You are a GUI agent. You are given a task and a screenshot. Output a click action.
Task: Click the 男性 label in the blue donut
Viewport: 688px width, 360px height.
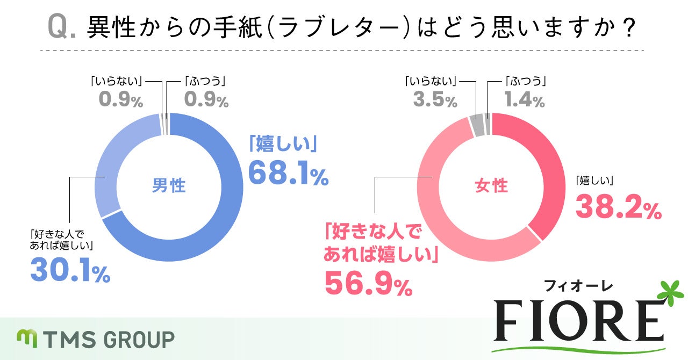(169, 186)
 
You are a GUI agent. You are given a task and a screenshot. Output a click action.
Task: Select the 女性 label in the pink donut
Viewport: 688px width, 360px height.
(491, 186)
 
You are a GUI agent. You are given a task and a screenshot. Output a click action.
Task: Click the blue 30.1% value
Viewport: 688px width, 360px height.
(70, 271)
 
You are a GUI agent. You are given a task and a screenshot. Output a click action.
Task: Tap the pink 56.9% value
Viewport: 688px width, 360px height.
(368, 285)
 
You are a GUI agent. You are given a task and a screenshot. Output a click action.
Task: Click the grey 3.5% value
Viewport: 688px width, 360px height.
(435, 100)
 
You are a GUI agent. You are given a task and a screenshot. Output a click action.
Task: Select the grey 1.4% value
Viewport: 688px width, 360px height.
(525, 100)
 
